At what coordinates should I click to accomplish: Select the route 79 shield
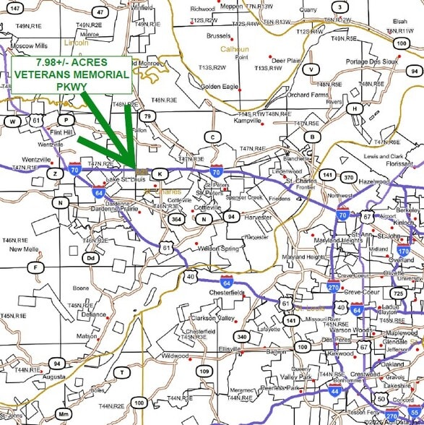[x=147, y=116]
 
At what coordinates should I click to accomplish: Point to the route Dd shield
[x=90, y=257]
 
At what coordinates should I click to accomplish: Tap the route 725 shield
[x=399, y=293]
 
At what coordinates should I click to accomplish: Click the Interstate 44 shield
[x=334, y=391]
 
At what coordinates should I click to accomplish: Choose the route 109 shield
[x=204, y=372]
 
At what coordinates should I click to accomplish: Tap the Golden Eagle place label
[x=220, y=87]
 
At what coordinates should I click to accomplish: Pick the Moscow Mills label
[x=29, y=46]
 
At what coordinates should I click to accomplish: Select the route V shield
[x=311, y=69]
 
